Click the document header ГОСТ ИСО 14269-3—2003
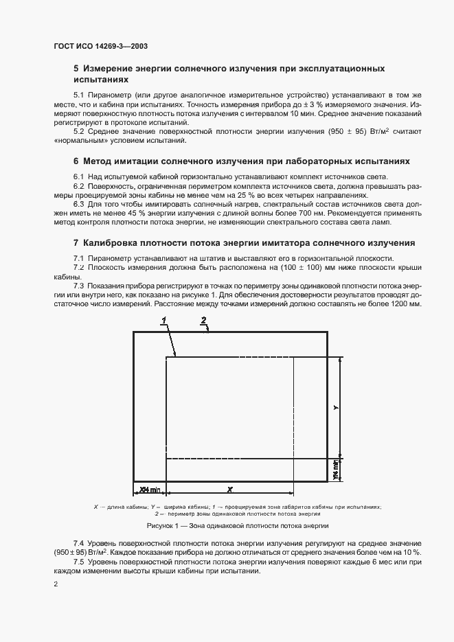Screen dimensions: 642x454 [100, 47]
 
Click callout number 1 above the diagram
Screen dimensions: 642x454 [164, 320]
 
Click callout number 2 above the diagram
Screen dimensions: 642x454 [204, 319]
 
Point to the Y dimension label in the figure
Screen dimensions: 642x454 [336, 407]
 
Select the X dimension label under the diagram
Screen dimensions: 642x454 [229, 489]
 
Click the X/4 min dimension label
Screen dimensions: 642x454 [149, 489]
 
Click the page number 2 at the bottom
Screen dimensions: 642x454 [56, 584]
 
